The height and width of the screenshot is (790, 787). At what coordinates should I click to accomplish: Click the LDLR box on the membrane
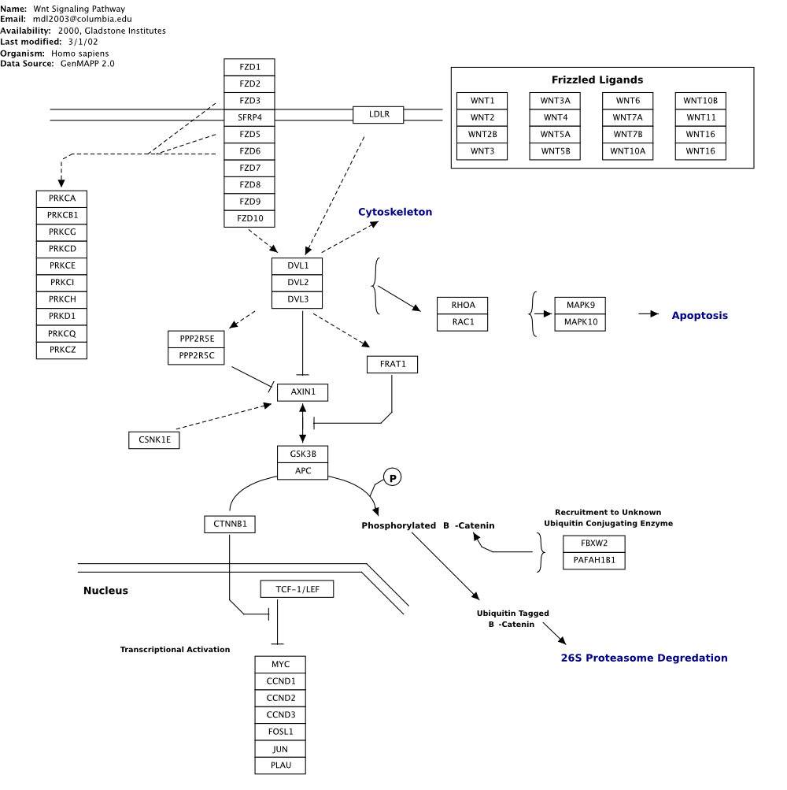tap(378, 115)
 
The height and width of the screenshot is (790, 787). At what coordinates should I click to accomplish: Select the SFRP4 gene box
tap(249, 118)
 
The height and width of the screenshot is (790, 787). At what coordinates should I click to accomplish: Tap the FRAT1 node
tap(392, 365)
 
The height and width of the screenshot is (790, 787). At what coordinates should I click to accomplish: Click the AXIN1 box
tap(302, 392)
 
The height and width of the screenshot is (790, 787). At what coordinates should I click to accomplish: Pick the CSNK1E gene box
tap(154, 440)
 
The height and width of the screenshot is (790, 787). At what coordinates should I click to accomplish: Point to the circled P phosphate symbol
tap(392, 477)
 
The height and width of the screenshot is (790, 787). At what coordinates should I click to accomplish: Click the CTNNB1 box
tap(230, 524)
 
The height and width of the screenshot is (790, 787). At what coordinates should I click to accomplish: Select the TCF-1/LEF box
tap(297, 589)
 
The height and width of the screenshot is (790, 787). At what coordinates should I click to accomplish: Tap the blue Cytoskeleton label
tap(395, 212)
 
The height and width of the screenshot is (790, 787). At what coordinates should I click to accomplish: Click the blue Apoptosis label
tap(700, 316)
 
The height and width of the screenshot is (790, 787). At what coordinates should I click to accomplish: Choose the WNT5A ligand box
tap(555, 135)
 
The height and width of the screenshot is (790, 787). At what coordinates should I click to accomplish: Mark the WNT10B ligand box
tap(700, 101)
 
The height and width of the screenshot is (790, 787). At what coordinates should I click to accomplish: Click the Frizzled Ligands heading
tap(597, 80)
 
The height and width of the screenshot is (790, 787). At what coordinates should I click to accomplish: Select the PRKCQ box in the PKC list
tap(61, 333)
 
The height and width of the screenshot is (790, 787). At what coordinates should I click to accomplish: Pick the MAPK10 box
tap(581, 322)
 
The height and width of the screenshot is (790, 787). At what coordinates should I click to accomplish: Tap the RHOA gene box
tap(463, 306)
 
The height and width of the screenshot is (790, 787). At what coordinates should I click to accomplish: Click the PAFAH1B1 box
tap(594, 561)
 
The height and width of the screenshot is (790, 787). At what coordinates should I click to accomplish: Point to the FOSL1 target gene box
tap(280, 732)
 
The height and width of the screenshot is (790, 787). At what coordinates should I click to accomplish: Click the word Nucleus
tap(105, 591)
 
